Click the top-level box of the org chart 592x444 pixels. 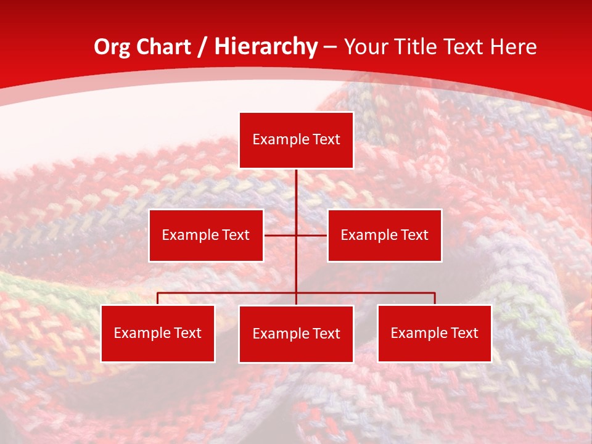pyautogui.click(x=296, y=140)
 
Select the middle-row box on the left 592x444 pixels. pyautogui.click(x=206, y=236)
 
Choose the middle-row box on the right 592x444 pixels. pyautogui.click(x=384, y=236)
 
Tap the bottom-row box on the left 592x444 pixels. pyautogui.click(x=158, y=334)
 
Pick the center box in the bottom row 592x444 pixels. pyautogui.click(x=296, y=334)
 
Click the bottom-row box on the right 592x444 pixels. pyautogui.click(x=434, y=334)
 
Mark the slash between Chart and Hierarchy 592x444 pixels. pyautogui.click(x=202, y=47)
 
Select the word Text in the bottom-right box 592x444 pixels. pyautogui.click(x=463, y=334)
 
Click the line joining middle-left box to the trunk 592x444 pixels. pyautogui.click(x=280, y=235)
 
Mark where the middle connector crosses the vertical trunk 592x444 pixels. pyautogui.click(x=297, y=235)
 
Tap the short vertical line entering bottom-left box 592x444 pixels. pyautogui.click(x=158, y=298)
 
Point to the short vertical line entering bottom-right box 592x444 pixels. pyautogui.click(x=435, y=298)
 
